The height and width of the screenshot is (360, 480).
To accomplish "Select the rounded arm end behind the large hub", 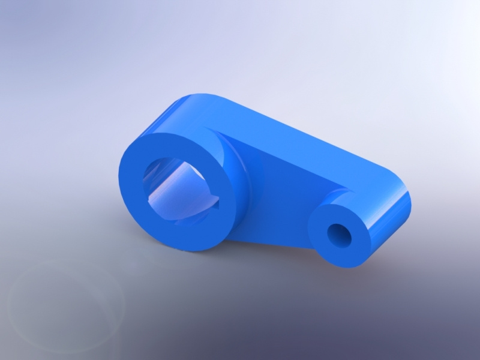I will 180,105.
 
